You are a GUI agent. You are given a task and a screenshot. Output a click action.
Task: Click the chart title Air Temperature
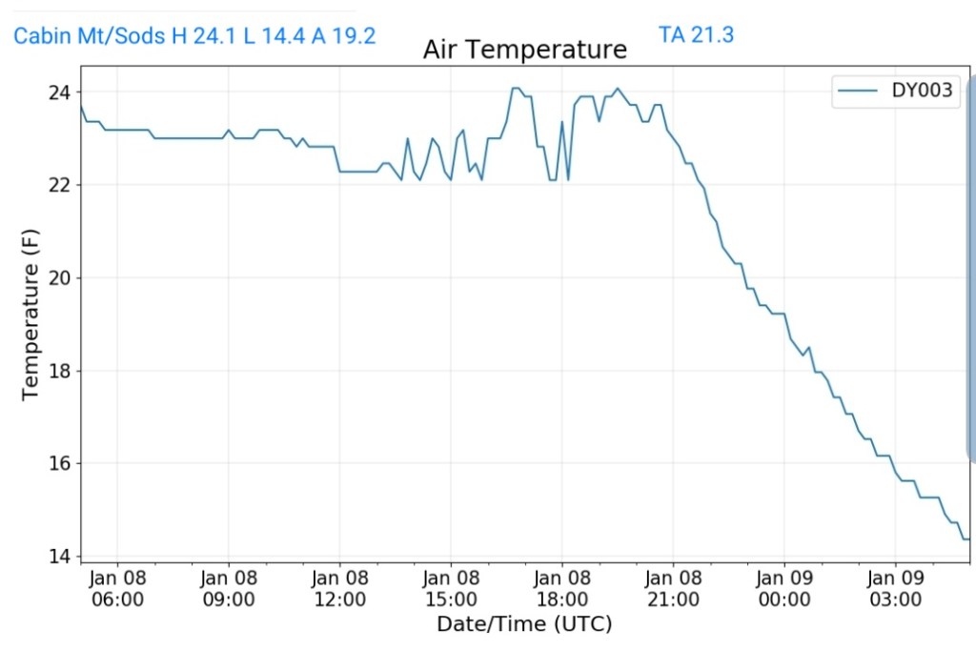coord(525,50)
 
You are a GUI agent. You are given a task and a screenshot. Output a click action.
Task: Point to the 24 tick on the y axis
coord(58,92)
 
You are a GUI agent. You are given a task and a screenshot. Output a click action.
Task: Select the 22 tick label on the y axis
coord(58,185)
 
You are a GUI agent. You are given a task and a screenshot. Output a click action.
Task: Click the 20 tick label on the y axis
coord(58,277)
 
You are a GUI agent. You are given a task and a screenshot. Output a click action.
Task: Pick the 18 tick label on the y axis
coord(58,371)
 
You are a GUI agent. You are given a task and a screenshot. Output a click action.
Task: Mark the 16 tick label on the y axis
coord(58,463)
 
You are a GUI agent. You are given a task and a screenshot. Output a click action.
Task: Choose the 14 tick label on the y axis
coord(58,556)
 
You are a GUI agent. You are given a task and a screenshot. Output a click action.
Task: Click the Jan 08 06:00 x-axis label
coord(117,589)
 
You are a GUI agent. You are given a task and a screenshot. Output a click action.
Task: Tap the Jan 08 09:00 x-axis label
coord(229,589)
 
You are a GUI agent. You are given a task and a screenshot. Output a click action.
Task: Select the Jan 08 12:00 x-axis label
coord(339,589)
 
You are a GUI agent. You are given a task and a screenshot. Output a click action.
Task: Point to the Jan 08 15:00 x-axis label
coord(451,589)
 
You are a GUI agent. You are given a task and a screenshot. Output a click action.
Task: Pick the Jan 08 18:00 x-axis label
coord(561,589)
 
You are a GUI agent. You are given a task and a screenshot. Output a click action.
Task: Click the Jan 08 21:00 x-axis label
coord(673,589)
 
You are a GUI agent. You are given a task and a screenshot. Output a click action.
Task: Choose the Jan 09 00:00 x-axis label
coord(784,589)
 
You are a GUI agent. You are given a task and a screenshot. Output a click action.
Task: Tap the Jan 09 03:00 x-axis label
coord(895,589)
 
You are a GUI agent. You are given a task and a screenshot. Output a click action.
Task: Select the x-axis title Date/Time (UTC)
coord(524,624)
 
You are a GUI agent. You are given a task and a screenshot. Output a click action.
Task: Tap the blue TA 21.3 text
coord(696,35)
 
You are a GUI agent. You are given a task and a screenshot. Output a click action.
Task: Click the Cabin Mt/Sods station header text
coord(194,36)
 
